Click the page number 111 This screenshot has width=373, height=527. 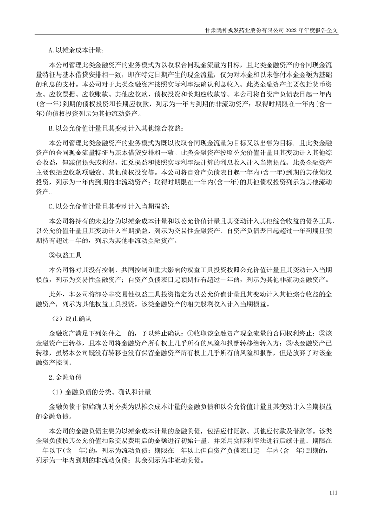334,493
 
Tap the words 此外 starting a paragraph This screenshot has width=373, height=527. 56,294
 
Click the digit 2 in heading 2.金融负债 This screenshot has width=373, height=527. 50,377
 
